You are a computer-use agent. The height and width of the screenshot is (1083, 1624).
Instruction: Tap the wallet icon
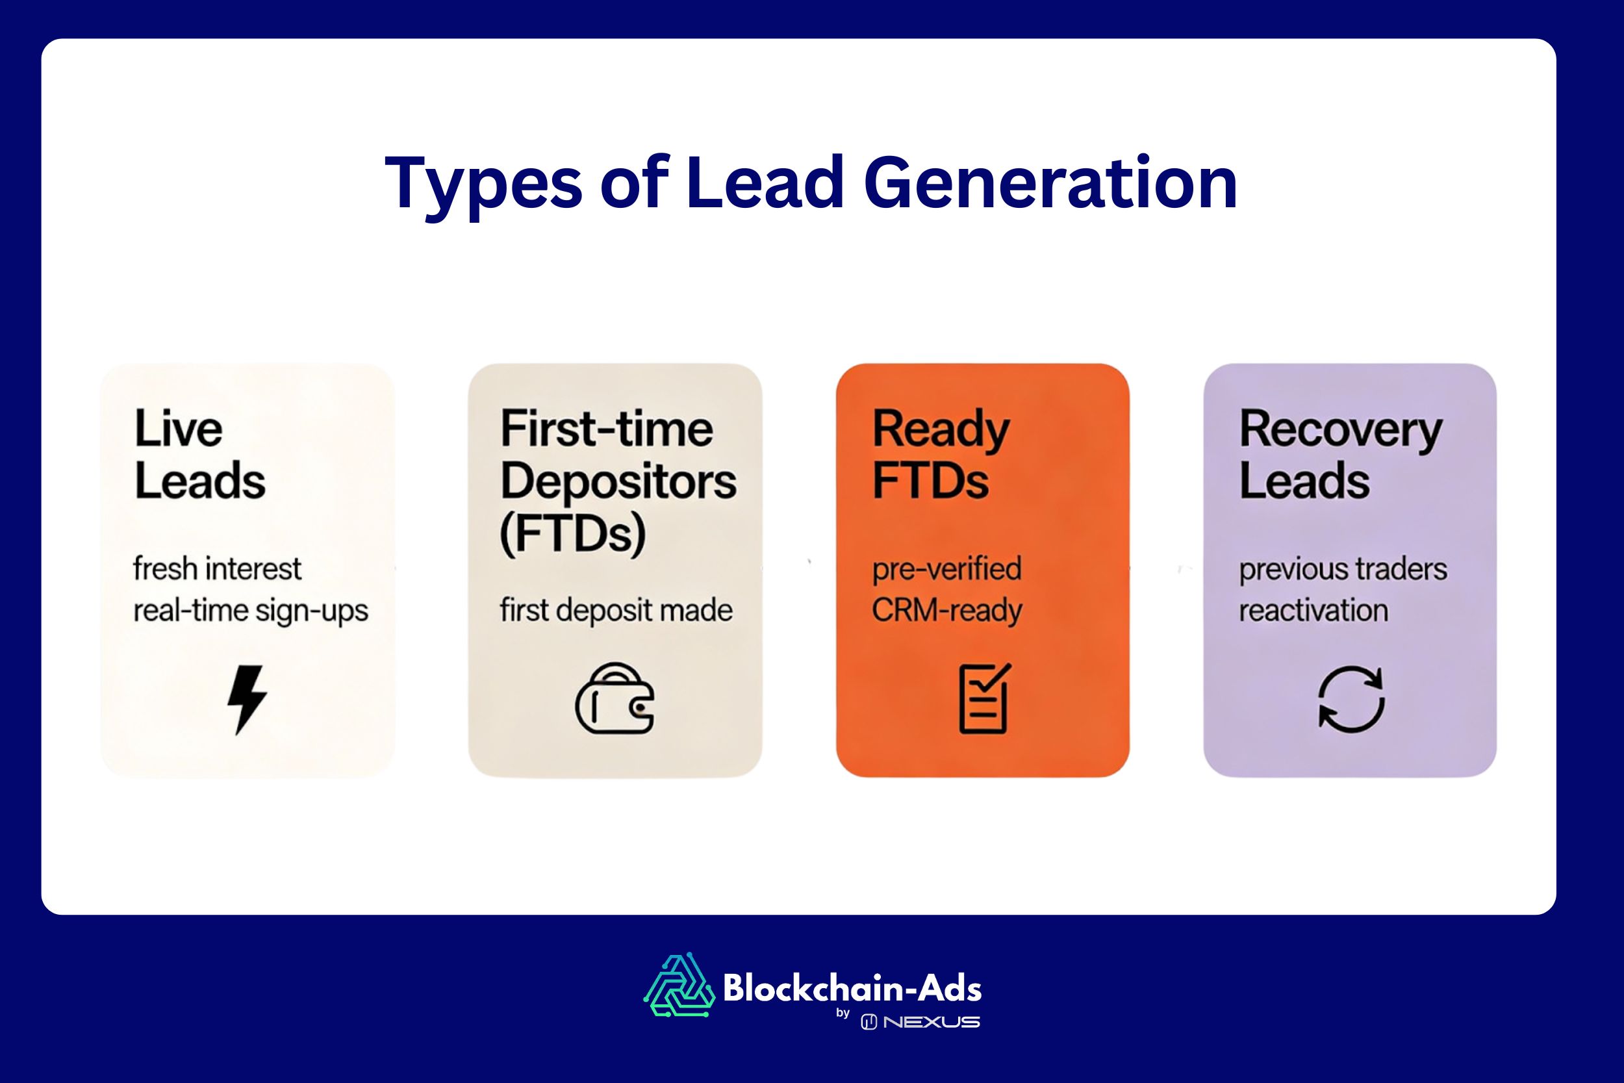click(x=615, y=699)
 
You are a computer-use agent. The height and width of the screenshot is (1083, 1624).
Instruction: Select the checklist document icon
click(x=984, y=698)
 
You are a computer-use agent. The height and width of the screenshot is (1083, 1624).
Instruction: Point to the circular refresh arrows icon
click(x=1351, y=699)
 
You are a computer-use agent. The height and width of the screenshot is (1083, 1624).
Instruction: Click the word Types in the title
click(x=484, y=184)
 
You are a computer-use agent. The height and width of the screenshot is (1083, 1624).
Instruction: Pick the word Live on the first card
click(x=178, y=429)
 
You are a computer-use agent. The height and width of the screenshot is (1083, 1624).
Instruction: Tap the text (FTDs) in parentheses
click(x=572, y=534)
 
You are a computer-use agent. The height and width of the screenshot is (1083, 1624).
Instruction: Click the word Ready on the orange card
click(x=941, y=430)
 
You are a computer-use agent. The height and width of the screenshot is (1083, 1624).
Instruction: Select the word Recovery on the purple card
click(x=1340, y=430)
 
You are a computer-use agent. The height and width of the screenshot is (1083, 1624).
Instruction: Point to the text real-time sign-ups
click(x=251, y=611)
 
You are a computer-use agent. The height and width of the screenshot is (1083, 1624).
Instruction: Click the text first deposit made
click(x=616, y=611)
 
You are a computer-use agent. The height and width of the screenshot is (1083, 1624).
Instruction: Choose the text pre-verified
click(x=946, y=570)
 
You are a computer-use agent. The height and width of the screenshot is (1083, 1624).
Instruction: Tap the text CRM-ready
click(x=946, y=611)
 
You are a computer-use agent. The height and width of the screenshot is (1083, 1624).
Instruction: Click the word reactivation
click(x=1313, y=611)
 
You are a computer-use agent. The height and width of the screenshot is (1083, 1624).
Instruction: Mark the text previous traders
click(x=1343, y=570)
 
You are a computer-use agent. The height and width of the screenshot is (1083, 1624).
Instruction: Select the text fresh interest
click(x=217, y=570)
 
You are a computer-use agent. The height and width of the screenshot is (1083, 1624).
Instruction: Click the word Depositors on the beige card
click(x=618, y=482)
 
